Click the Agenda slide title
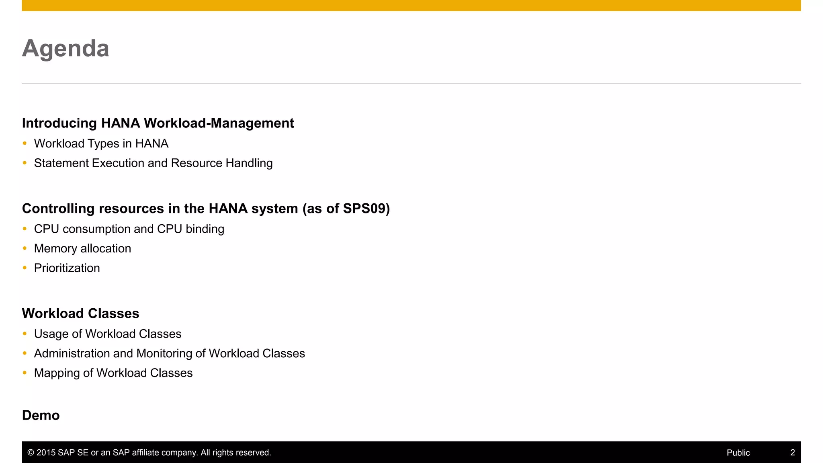pyautogui.click(x=66, y=49)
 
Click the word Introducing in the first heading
pyautogui.click(x=59, y=123)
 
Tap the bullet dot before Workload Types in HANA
pyautogui.click(x=25, y=143)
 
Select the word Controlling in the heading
pyautogui.click(x=58, y=209)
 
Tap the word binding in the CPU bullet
pyautogui.click(x=205, y=229)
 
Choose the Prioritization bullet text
pyautogui.click(x=67, y=268)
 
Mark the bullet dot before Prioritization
pyautogui.click(x=25, y=268)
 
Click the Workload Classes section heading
pyautogui.click(x=80, y=313)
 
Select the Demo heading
pyautogui.click(x=41, y=416)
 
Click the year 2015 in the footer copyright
pyautogui.click(x=46, y=453)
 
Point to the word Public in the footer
pyautogui.click(x=738, y=453)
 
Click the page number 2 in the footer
pyautogui.click(x=792, y=453)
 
